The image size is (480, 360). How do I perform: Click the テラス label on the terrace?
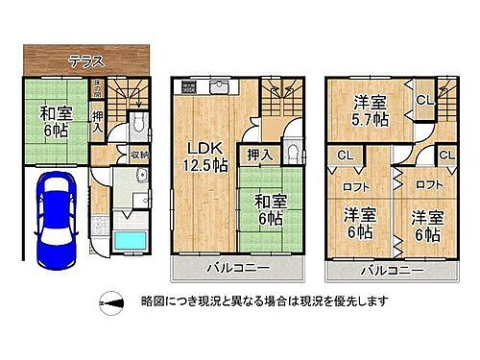point(86,60)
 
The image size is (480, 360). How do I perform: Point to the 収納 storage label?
point(139,154)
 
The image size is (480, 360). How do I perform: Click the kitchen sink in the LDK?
point(217,87)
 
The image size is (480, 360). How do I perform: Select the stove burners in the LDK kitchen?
point(188,87)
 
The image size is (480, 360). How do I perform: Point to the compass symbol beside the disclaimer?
point(113,302)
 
